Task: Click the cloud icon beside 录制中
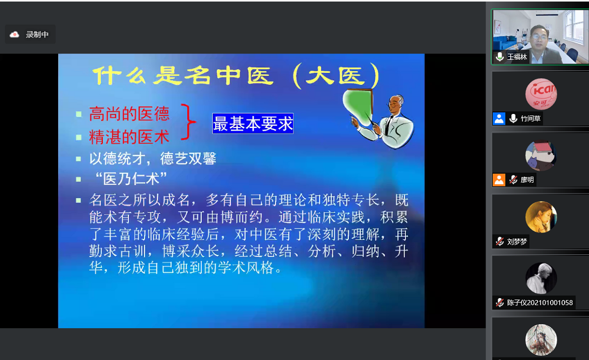(x=14, y=34)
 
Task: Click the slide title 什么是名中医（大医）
(x=236, y=76)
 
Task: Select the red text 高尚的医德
(x=129, y=114)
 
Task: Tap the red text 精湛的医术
(x=129, y=137)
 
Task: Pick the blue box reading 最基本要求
(x=253, y=123)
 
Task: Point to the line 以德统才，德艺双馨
(x=152, y=158)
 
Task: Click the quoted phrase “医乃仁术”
(x=130, y=178)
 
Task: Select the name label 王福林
(x=517, y=57)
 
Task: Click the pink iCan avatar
(x=541, y=94)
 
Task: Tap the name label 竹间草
(x=530, y=119)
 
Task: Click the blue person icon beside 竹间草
(x=499, y=119)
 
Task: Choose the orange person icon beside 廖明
(x=499, y=180)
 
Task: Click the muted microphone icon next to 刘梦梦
(x=500, y=241)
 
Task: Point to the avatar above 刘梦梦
(x=541, y=217)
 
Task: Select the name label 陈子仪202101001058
(x=540, y=302)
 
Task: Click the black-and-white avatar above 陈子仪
(x=541, y=278)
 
